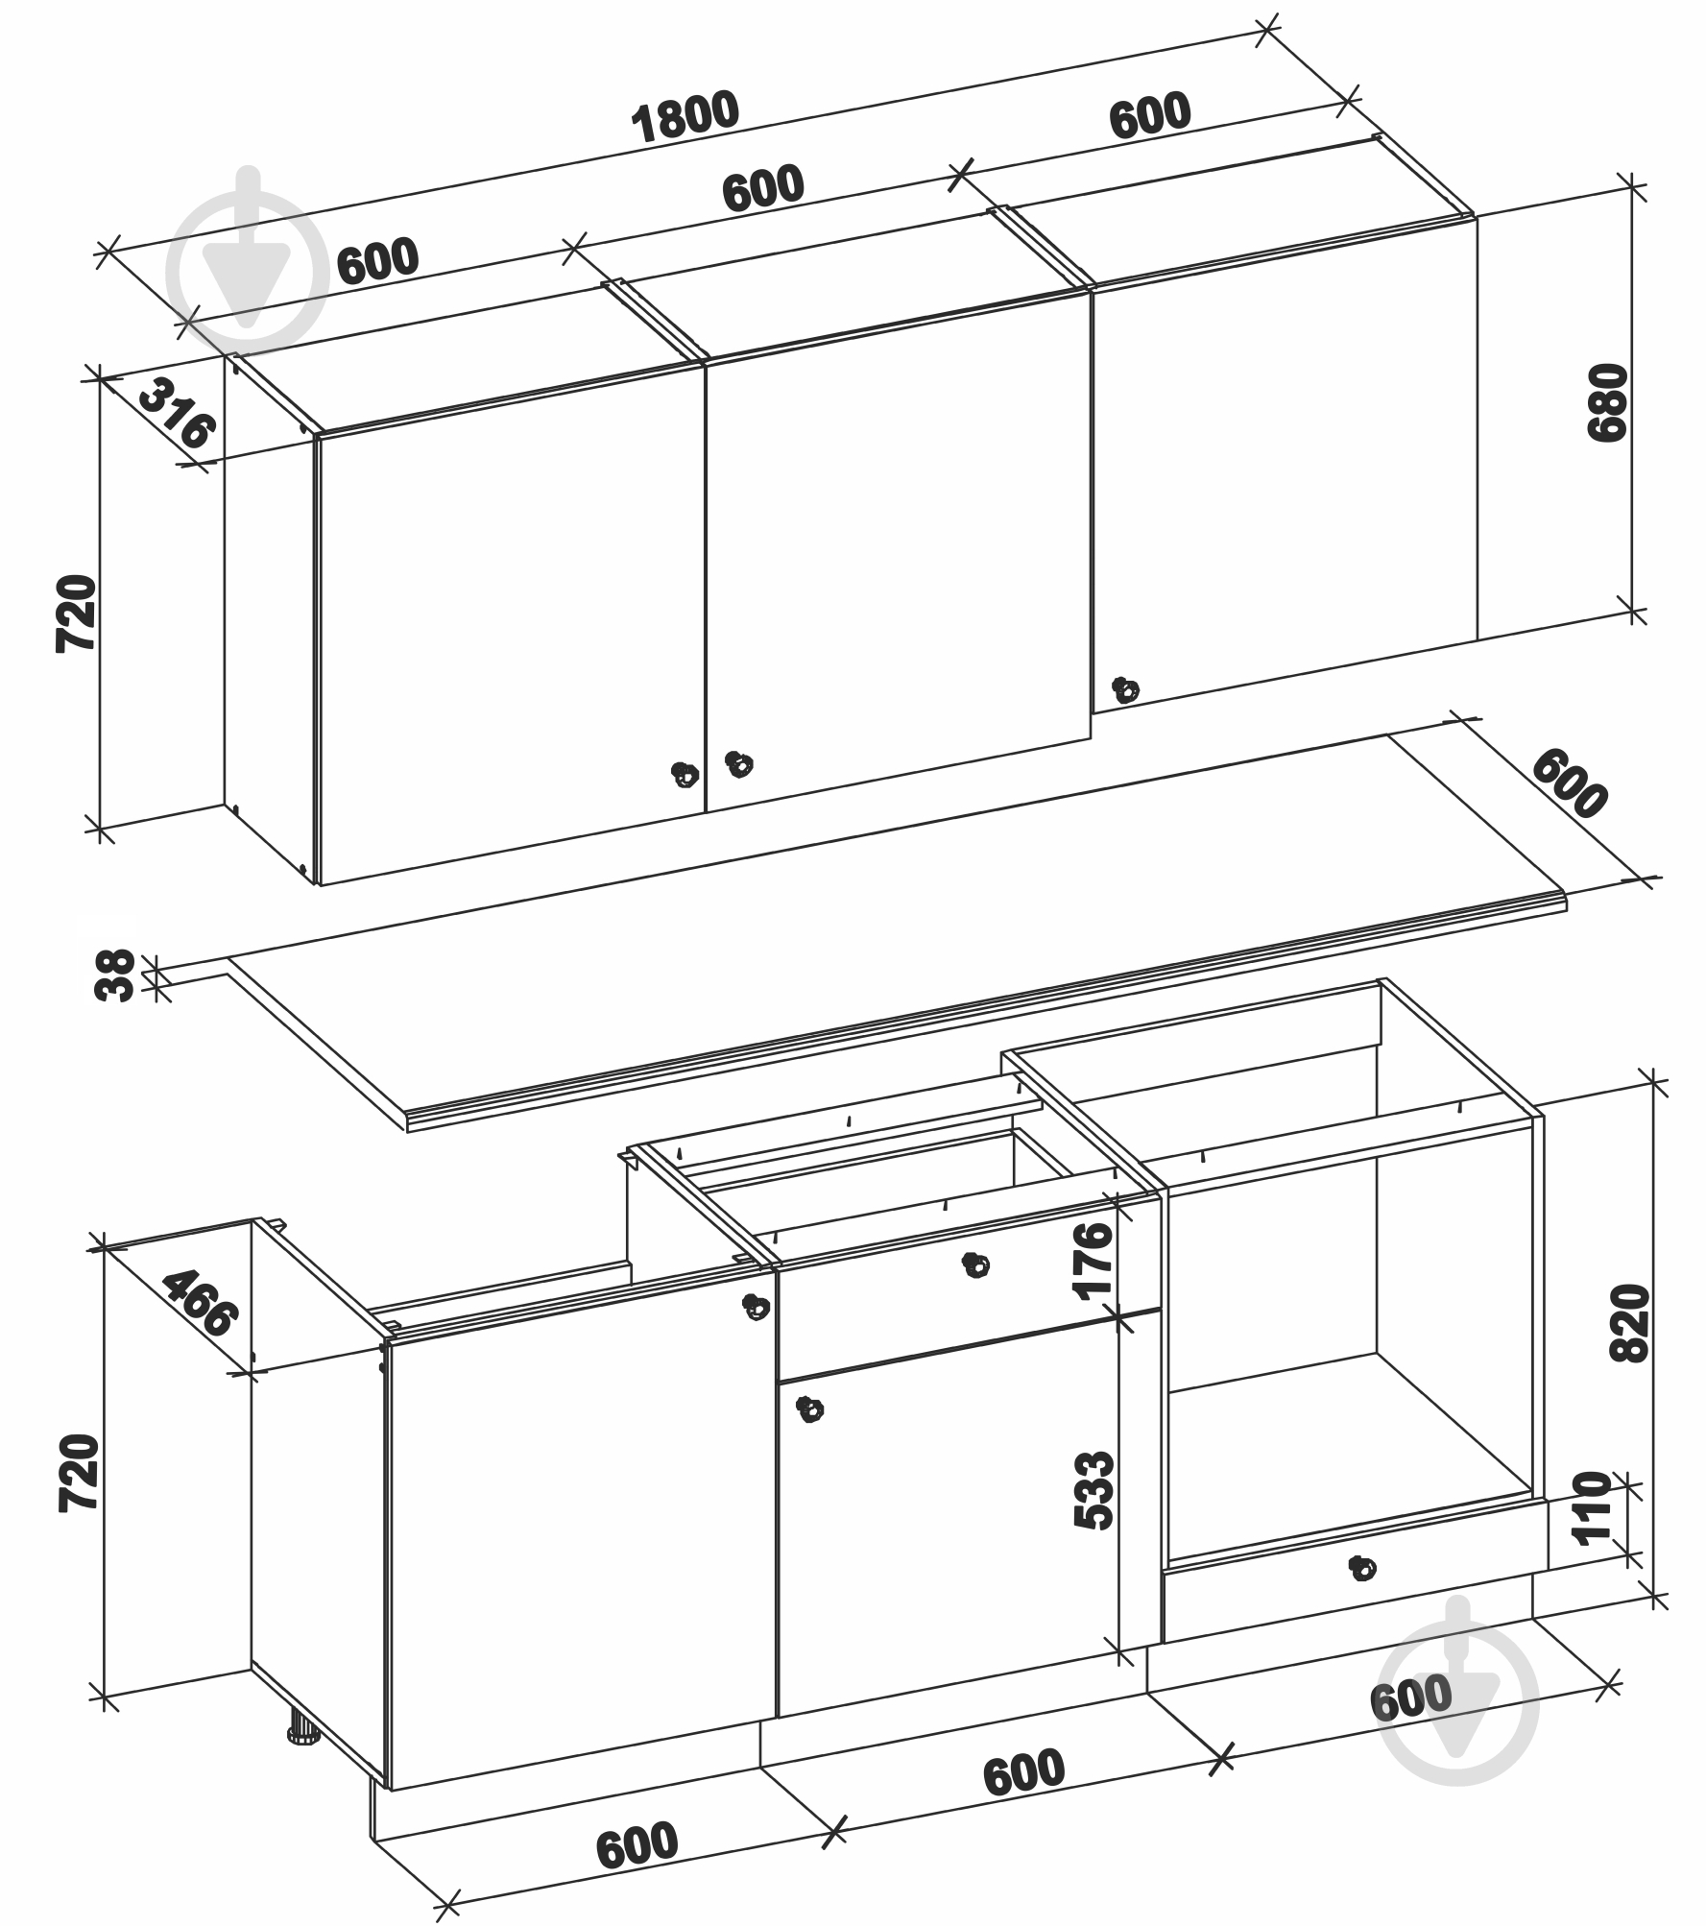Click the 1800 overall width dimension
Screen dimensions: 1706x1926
click(x=685, y=117)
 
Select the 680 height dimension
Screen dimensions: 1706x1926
click(x=1608, y=402)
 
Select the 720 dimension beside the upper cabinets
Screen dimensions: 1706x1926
click(x=77, y=614)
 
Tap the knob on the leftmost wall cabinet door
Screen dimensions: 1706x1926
click(x=684, y=773)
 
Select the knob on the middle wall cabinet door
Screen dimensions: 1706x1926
click(x=738, y=764)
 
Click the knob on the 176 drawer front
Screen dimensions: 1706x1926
click(x=975, y=1265)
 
